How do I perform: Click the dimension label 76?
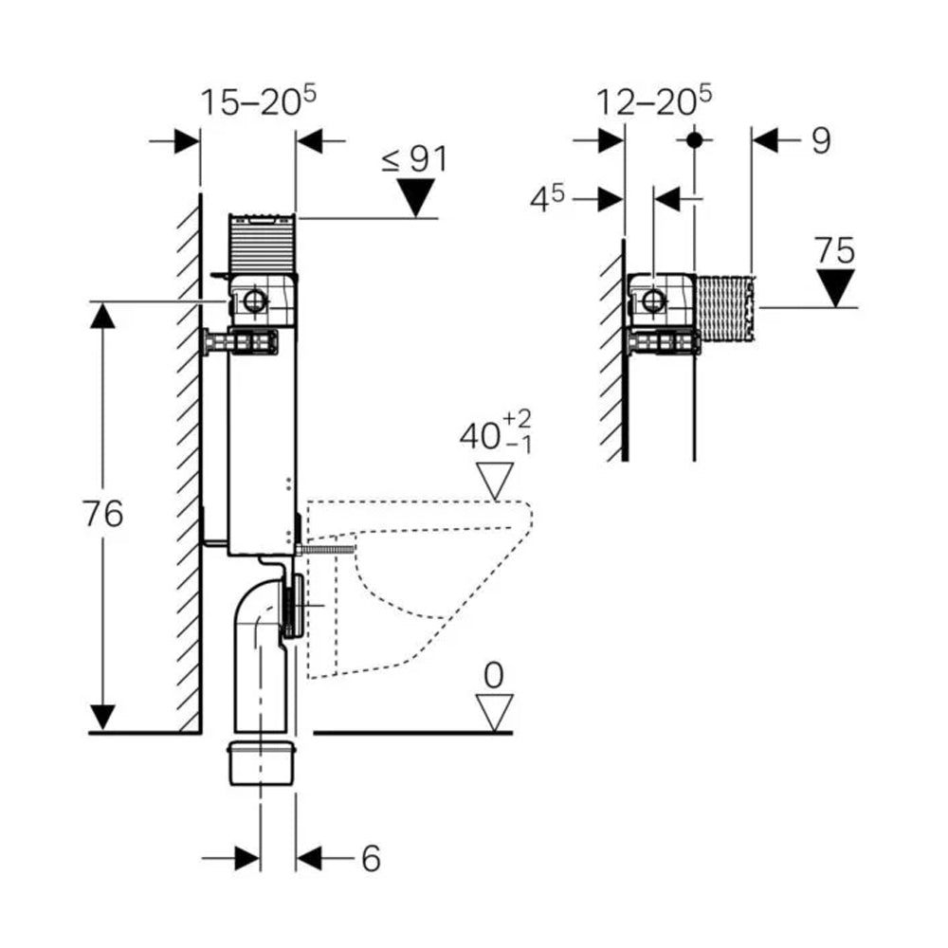click(102, 515)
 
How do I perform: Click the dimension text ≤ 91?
click(414, 158)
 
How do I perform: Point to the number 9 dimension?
click(821, 140)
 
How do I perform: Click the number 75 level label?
click(834, 251)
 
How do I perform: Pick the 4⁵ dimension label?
click(546, 199)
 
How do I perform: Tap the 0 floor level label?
click(494, 676)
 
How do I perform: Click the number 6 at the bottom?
click(370, 859)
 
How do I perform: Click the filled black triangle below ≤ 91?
click(415, 197)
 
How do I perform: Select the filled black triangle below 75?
click(835, 286)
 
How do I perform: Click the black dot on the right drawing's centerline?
click(694, 139)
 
